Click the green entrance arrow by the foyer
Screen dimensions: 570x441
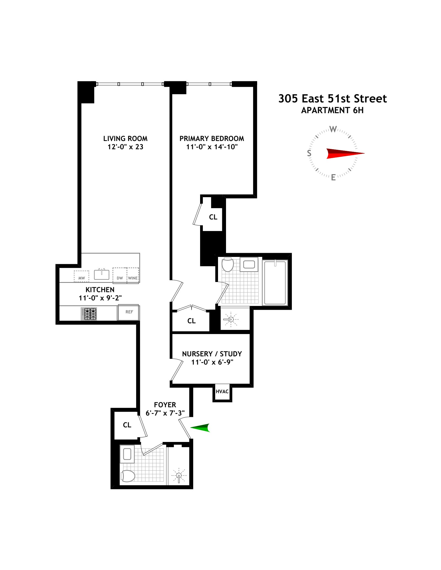point(201,428)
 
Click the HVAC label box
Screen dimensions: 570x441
point(222,392)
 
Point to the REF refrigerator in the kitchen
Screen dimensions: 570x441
point(129,312)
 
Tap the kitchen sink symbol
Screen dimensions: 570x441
point(101,274)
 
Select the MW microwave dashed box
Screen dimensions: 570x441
point(82,276)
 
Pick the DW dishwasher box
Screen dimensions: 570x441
point(120,276)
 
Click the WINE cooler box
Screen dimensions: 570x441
point(133,276)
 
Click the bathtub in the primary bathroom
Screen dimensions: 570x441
point(275,283)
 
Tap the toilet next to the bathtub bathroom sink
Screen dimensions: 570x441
point(228,265)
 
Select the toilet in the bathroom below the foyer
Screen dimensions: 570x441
point(128,476)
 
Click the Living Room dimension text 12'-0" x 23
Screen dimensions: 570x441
point(125,147)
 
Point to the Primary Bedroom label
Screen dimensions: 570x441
point(212,139)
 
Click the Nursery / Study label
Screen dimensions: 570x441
point(212,354)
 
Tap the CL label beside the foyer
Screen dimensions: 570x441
point(127,425)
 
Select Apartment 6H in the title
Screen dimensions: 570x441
point(332,110)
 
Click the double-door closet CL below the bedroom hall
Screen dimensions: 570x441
point(191,321)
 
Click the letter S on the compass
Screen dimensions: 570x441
point(309,153)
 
